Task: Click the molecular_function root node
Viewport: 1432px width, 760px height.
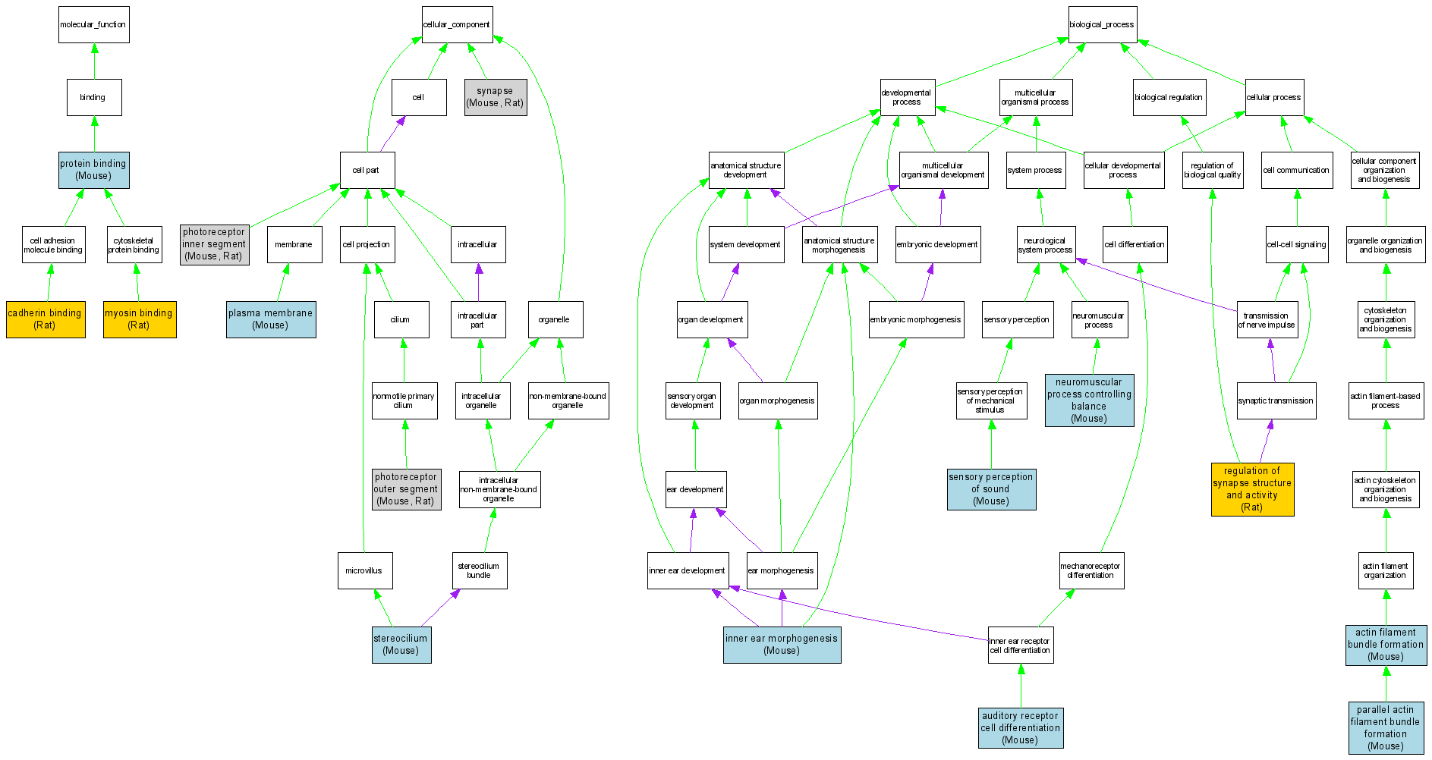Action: pyautogui.click(x=93, y=25)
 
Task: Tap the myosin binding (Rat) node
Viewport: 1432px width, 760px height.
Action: pyautogui.click(x=140, y=319)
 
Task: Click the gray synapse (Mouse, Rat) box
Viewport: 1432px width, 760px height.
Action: pyautogui.click(x=495, y=97)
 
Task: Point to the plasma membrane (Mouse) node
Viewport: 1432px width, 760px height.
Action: pyautogui.click(x=271, y=319)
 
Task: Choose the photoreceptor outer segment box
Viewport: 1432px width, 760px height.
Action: pyautogui.click(x=406, y=489)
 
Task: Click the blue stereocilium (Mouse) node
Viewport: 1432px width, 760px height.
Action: pyautogui.click(x=401, y=645)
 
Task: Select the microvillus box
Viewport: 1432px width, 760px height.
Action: pyautogui.click(x=364, y=570)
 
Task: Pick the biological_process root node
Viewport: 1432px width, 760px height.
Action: pyautogui.click(x=1102, y=25)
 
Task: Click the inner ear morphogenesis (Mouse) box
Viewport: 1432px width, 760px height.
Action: pyautogui.click(x=782, y=645)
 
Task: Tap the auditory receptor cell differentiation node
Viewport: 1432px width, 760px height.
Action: pyautogui.click(x=1020, y=728)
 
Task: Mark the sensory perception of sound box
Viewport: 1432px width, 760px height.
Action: pyautogui.click(x=991, y=489)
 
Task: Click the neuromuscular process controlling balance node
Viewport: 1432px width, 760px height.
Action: pyautogui.click(x=1089, y=400)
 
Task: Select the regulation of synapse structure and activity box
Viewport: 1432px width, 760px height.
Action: pyautogui.click(x=1252, y=489)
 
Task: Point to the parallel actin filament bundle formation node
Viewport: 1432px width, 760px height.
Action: pyautogui.click(x=1386, y=728)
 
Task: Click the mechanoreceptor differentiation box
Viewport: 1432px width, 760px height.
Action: pyautogui.click(x=1091, y=570)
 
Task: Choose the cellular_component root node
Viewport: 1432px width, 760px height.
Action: pyautogui.click(x=457, y=25)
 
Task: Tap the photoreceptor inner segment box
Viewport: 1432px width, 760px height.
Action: pyautogui.click(x=214, y=244)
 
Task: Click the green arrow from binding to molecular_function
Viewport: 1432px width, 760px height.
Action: pyautogui.click(x=94, y=61)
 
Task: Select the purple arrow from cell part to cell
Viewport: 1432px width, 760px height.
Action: pyautogui.click(x=392, y=133)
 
